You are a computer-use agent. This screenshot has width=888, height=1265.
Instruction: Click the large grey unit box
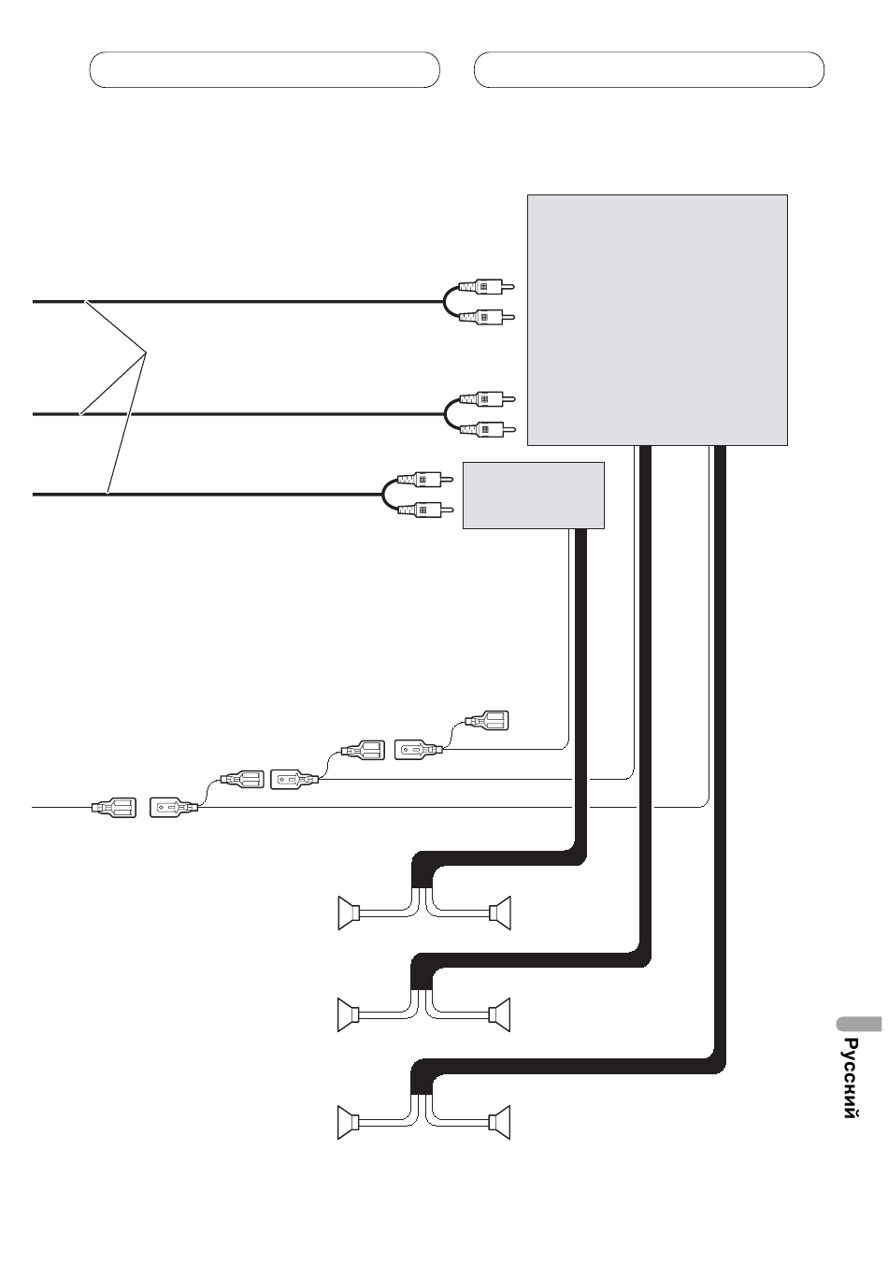pyautogui.click(x=657, y=320)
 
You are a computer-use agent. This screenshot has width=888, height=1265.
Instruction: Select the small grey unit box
pyautogui.click(x=534, y=496)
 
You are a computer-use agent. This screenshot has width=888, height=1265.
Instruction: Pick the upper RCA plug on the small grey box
pyautogui.click(x=425, y=480)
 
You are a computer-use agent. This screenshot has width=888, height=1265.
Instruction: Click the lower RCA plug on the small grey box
pyautogui.click(x=425, y=510)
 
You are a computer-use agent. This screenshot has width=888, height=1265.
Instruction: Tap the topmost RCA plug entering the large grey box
pyautogui.click(x=487, y=287)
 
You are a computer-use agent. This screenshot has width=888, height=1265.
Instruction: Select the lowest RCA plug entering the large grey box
pyautogui.click(x=487, y=430)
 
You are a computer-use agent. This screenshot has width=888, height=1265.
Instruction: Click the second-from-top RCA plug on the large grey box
pyautogui.click(x=487, y=318)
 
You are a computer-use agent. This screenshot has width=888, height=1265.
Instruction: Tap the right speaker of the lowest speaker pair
pyautogui.click(x=499, y=1123)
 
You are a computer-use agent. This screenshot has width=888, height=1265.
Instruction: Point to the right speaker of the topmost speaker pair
pyautogui.click(x=499, y=913)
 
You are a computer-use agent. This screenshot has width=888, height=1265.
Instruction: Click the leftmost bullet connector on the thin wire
pyautogui.click(x=113, y=808)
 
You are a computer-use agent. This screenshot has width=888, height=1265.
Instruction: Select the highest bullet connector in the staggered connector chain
pyautogui.click(x=486, y=720)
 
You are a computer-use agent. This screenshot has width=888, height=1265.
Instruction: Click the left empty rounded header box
pyautogui.click(x=265, y=69)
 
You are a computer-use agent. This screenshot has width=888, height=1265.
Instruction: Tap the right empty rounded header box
pyautogui.click(x=649, y=69)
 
